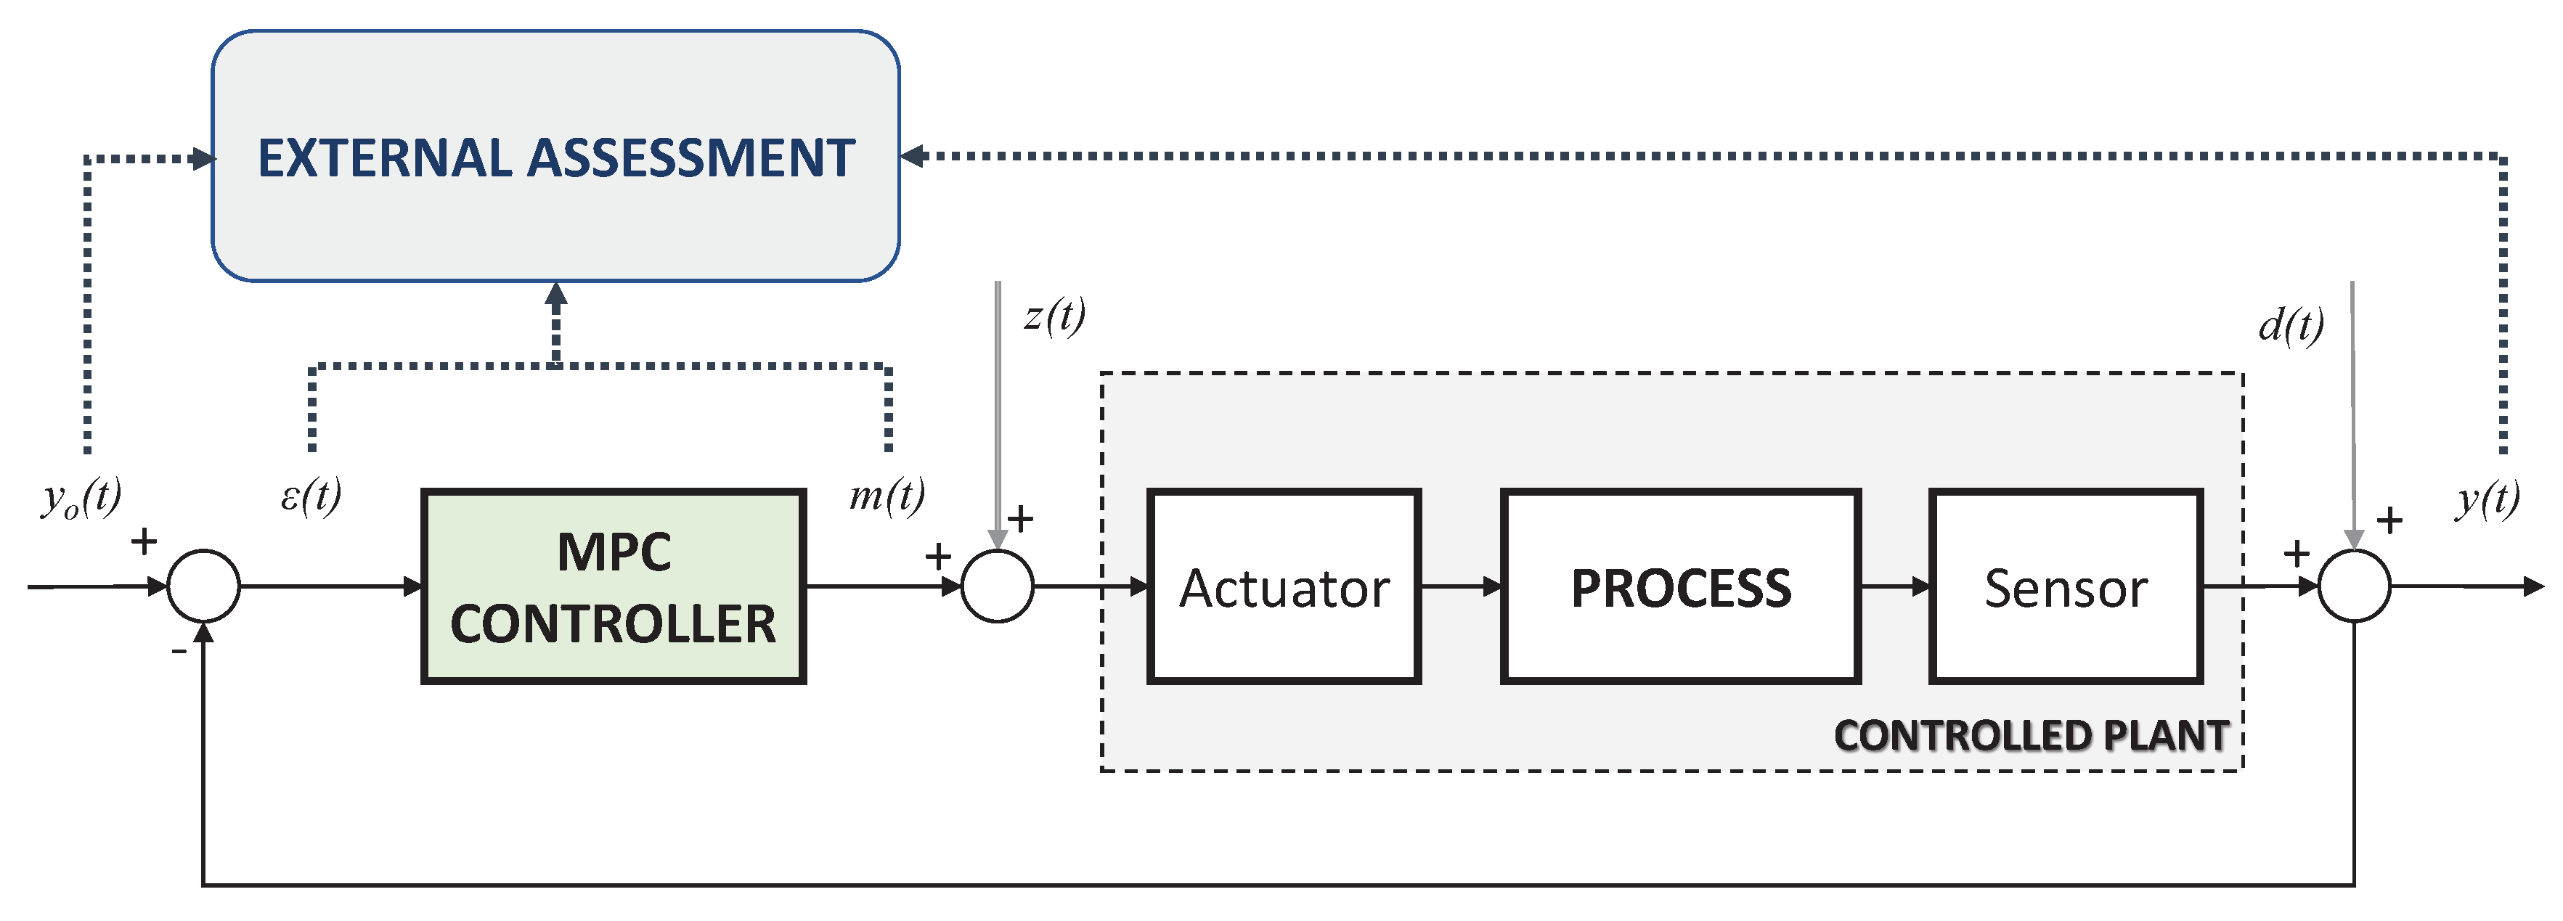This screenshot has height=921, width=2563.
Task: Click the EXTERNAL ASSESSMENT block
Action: click(x=555, y=156)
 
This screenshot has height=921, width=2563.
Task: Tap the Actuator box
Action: click(x=1284, y=587)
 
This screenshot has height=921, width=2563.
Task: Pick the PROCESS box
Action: click(x=1681, y=587)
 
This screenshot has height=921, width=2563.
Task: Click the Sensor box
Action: click(x=2066, y=587)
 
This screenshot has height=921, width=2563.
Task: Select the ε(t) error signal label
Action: click(x=311, y=494)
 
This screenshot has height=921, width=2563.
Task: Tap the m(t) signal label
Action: click(x=887, y=494)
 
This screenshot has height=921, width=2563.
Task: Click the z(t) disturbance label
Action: click(x=1055, y=316)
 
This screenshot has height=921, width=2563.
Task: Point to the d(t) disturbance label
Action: click(x=2291, y=324)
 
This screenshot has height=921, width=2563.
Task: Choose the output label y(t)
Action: click(x=2487, y=497)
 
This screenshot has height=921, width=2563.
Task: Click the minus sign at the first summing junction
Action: click(x=179, y=652)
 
